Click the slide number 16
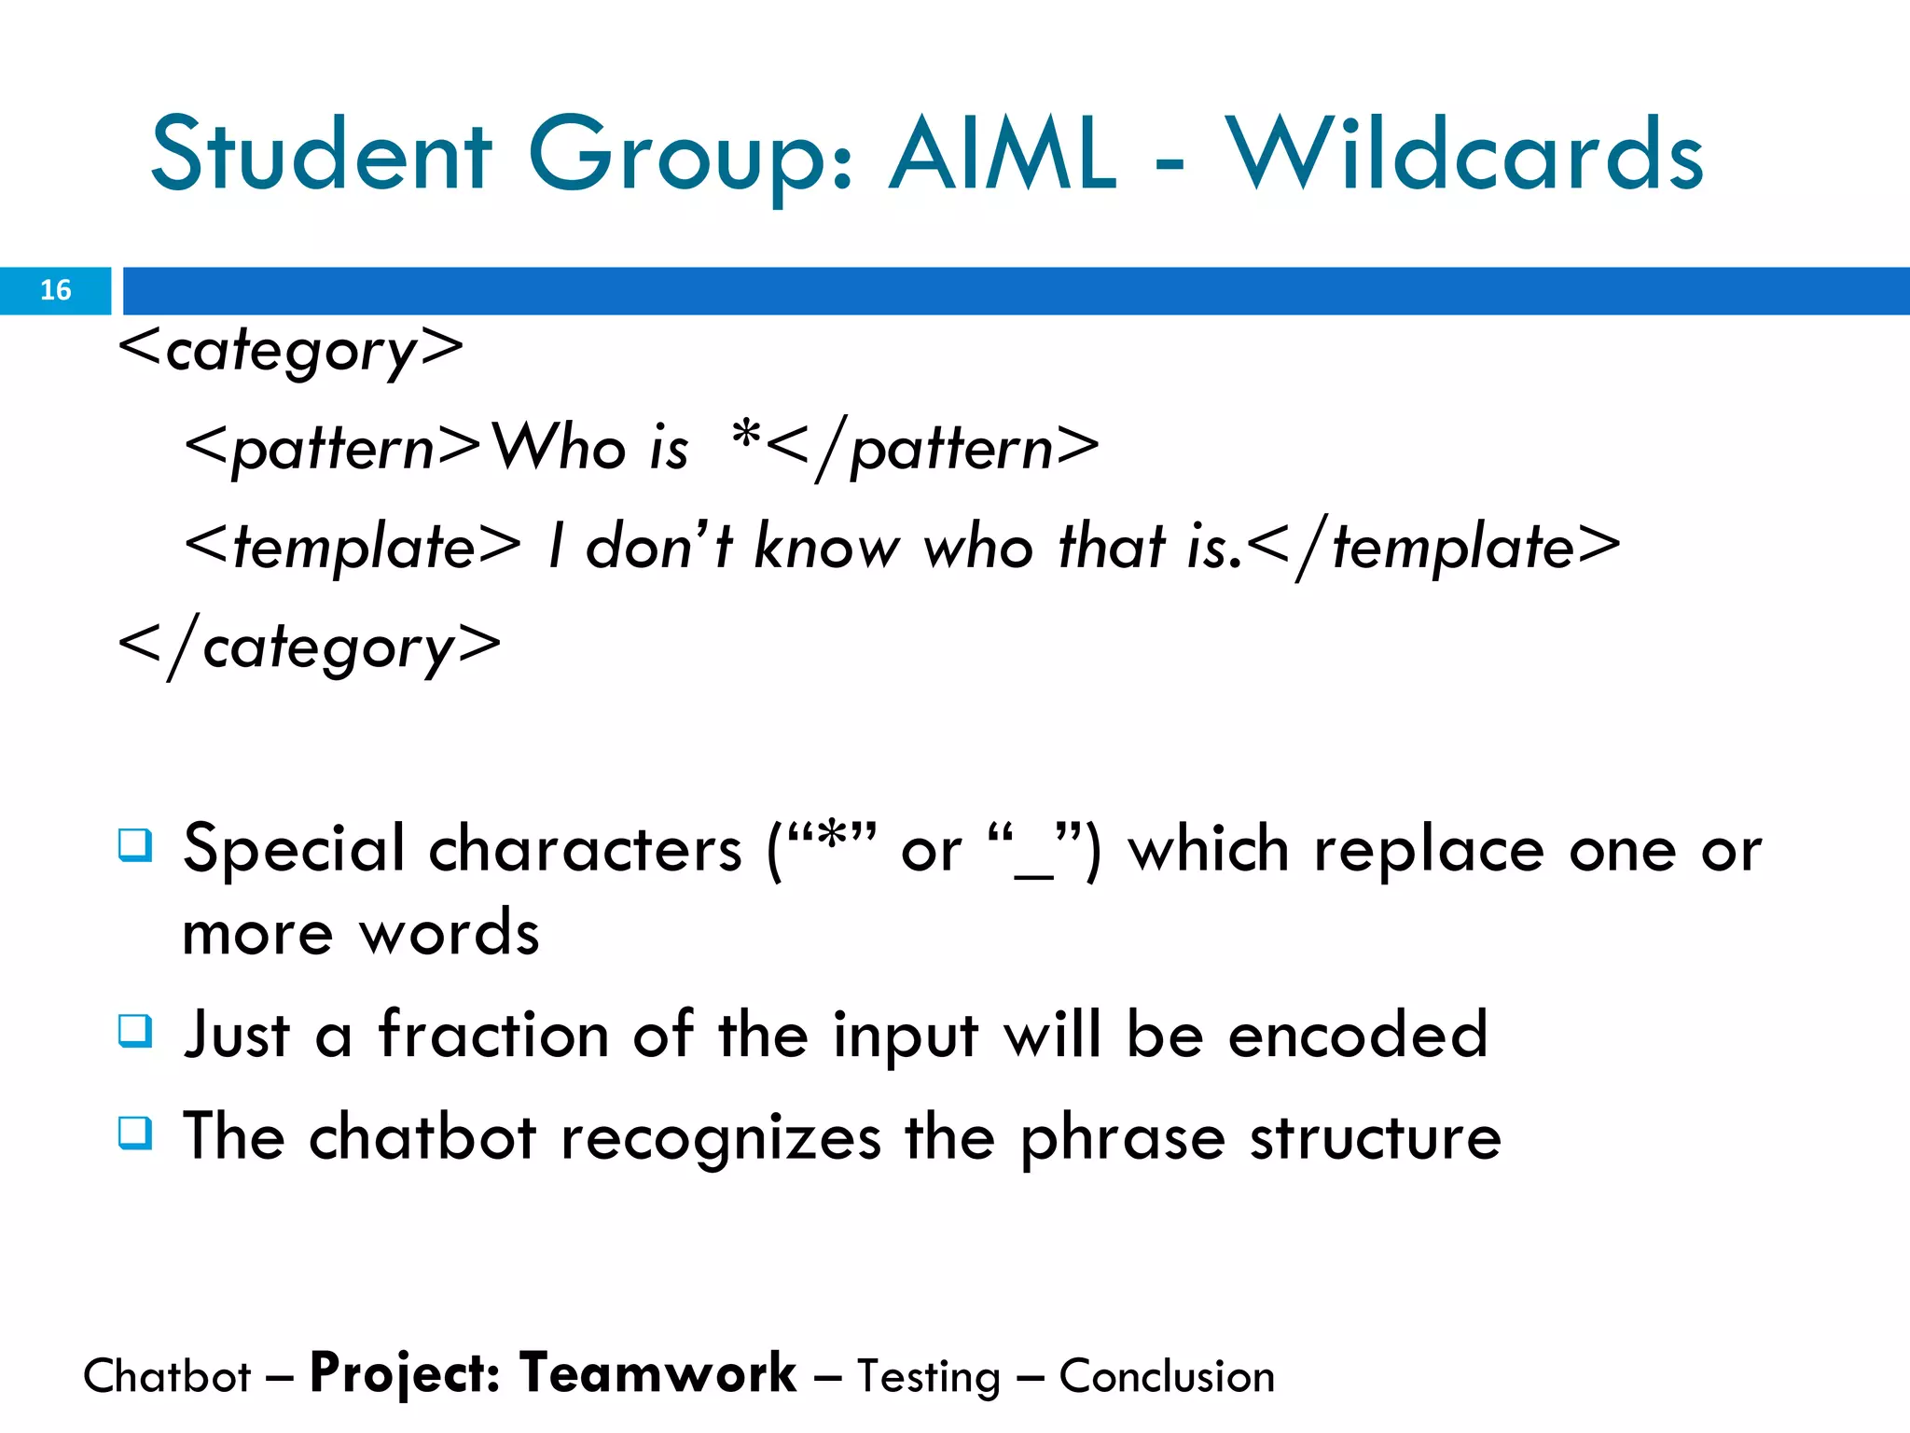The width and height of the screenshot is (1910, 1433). (55, 290)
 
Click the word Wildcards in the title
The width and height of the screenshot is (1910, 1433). (1464, 155)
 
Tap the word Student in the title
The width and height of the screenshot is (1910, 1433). (321, 155)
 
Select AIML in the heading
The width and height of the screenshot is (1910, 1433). (1003, 155)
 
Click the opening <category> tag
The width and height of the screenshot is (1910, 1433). (291, 351)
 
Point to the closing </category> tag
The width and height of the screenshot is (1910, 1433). (310, 647)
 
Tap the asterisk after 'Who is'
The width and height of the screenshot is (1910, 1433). (746, 435)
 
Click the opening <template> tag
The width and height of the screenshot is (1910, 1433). (353, 547)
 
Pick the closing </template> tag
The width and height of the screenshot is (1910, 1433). (1433, 547)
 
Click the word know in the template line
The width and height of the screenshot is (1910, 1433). (826, 547)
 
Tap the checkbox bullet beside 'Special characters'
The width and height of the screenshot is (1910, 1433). (135, 845)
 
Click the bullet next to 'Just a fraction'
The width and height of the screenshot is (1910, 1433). (135, 1031)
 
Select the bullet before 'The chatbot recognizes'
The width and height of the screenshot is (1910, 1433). (135, 1133)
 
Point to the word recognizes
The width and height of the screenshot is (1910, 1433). (720, 1138)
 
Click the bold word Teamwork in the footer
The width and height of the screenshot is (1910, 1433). (657, 1374)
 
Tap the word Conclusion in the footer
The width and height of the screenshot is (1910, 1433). (1167, 1377)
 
